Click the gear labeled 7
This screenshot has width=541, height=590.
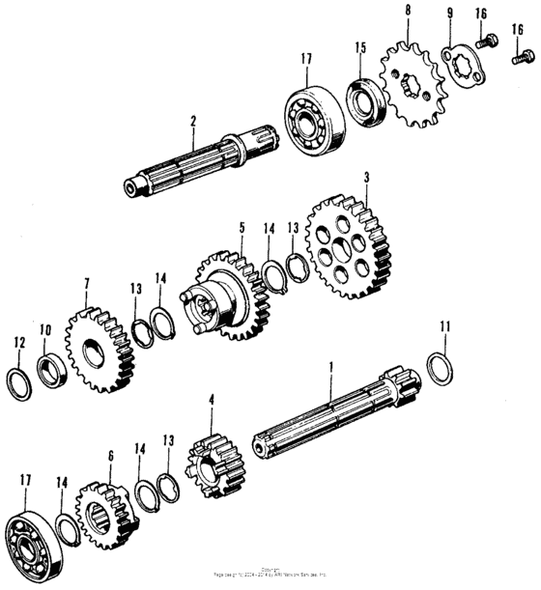coord(99,343)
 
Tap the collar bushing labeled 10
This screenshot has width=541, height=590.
coord(50,370)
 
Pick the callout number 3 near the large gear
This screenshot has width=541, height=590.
coord(366,178)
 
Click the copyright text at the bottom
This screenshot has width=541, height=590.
coord(270,574)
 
